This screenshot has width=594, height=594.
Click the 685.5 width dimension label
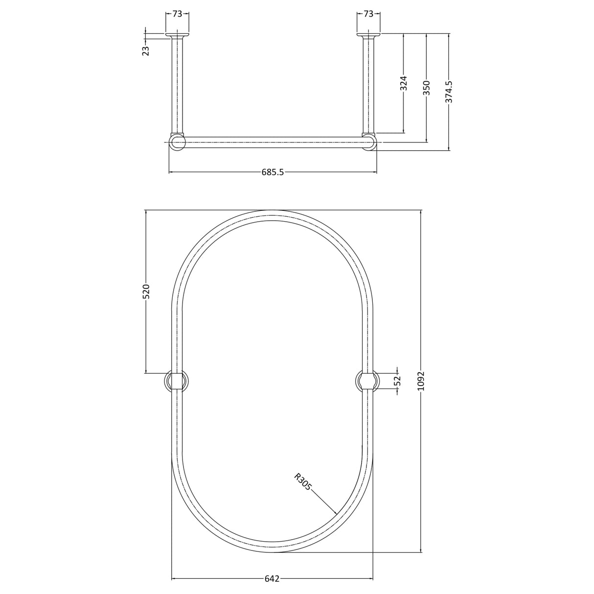pyautogui.click(x=273, y=172)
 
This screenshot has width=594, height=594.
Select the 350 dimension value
pyautogui.click(x=427, y=88)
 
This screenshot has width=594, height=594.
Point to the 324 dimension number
pyautogui.click(x=404, y=83)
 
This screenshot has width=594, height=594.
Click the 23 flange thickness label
pyautogui.click(x=146, y=50)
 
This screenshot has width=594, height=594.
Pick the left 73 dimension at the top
pyautogui.click(x=177, y=14)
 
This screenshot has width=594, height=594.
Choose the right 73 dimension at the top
pyautogui.click(x=368, y=14)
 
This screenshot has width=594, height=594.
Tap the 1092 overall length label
pyautogui.click(x=421, y=381)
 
